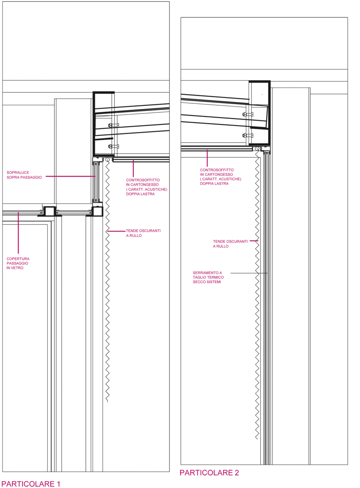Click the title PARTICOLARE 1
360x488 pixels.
31,484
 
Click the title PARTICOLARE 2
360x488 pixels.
209,473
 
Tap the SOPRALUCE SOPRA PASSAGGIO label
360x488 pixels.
24,175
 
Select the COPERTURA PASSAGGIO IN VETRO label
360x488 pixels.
18,263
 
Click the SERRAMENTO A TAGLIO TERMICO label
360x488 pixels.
208,277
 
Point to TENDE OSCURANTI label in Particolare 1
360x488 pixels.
143,233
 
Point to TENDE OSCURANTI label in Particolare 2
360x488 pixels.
230,244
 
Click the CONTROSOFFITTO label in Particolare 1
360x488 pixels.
147,187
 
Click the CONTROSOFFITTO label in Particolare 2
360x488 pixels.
220,177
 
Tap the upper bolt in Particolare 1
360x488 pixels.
113,125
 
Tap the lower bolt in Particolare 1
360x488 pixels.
113,146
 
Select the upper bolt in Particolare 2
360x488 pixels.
248,114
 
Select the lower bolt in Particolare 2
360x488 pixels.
248,135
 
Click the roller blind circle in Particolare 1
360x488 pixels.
107,160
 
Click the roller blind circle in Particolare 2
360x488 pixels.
257,149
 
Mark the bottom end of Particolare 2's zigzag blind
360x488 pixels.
257,439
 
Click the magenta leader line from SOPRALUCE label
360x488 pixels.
71,176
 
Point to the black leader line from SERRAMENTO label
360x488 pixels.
249,273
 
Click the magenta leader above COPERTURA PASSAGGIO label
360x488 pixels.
18,233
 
